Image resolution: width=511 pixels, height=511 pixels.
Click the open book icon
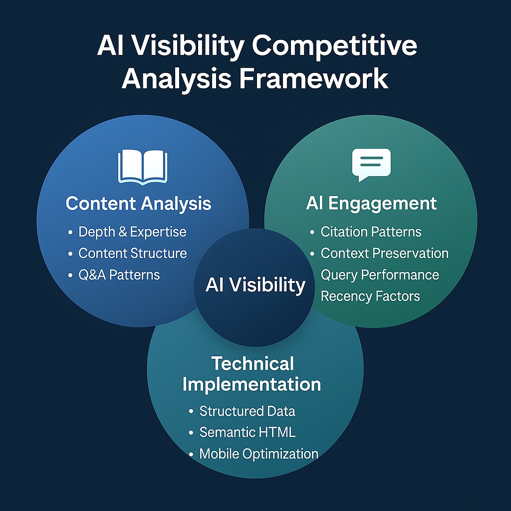(x=142, y=167)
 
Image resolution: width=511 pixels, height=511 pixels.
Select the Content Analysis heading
(x=138, y=204)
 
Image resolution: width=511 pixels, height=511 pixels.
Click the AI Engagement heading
(x=371, y=204)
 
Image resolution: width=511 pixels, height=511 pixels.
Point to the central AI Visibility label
(x=255, y=285)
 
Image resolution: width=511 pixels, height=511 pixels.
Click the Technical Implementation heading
(x=252, y=374)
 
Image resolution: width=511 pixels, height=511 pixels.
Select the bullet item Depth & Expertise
(x=132, y=232)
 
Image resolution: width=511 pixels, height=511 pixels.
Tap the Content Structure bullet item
(x=132, y=254)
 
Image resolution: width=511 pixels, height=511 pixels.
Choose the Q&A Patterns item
(x=119, y=274)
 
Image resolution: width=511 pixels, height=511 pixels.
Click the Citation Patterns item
(x=371, y=232)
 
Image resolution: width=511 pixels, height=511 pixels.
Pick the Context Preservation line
(x=384, y=254)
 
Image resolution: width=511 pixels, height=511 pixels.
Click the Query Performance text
(x=380, y=275)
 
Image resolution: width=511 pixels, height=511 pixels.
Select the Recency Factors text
(x=370, y=296)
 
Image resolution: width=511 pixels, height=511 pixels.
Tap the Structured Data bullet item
(x=247, y=411)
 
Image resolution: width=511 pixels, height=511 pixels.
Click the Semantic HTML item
(x=247, y=432)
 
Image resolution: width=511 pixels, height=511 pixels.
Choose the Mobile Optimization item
(x=258, y=454)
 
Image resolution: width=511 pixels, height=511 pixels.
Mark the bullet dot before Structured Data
(x=191, y=412)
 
